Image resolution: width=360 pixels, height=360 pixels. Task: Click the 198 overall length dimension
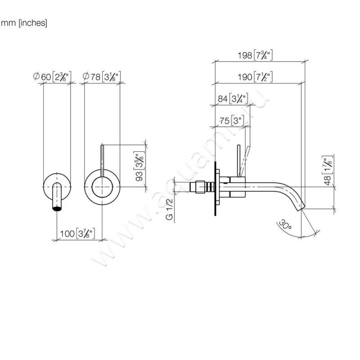tap(256, 55)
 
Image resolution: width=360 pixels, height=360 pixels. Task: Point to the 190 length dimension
tap(256, 76)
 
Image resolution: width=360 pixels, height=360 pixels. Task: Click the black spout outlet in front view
tap(57, 208)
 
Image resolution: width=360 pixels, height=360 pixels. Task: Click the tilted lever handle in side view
tap(243, 160)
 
